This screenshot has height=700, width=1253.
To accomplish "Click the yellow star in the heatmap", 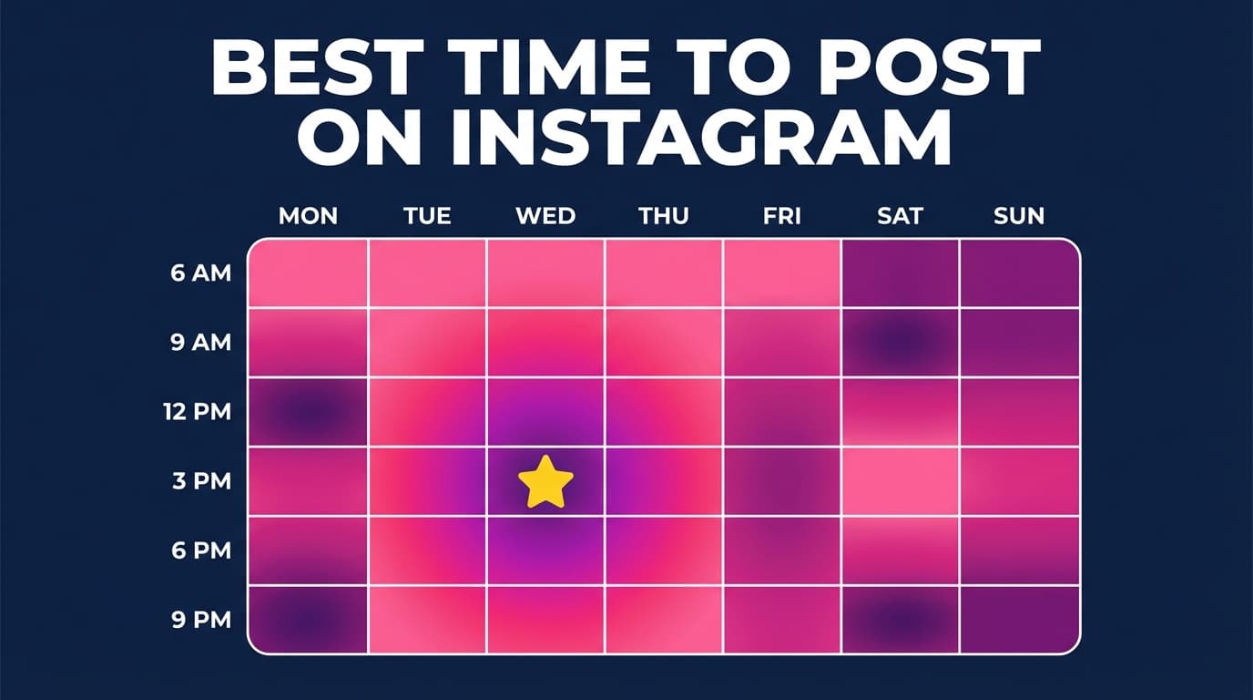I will click(x=545, y=482).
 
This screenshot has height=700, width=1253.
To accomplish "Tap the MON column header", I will click(x=308, y=216).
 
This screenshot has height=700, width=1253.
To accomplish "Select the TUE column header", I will click(x=427, y=216).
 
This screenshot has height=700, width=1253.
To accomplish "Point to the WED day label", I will click(x=545, y=216).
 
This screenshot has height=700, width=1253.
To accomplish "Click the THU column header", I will click(x=664, y=216).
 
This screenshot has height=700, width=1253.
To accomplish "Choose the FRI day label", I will click(x=782, y=216).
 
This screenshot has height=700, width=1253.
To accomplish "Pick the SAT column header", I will click(x=900, y=216).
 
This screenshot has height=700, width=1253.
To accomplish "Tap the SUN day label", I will click(x=1019, y=216).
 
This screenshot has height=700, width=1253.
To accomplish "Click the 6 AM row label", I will click(x=201, y=273).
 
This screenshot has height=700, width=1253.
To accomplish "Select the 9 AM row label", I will click(x=201, y=343).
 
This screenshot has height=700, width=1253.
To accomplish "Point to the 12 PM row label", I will click(x=198, y=412).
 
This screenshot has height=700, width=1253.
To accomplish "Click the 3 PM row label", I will click(x=201, y=481).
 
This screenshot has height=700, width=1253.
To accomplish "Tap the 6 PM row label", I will click(x=201, y=551).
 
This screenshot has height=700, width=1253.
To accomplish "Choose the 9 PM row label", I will click(x=201, y=620).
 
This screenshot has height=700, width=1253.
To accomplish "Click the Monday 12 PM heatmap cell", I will click(x=308, y=412).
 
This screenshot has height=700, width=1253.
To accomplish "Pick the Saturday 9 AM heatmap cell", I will click(x=900, y=343).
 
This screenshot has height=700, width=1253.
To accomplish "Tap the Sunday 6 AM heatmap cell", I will click(x=1019, y=273).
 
